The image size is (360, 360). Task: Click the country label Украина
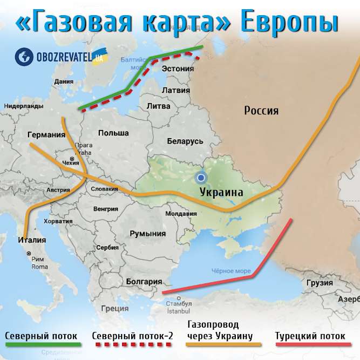[x=221, y=192]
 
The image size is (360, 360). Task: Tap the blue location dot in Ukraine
[x=201, y=178]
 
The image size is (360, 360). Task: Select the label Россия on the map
[x=261, y=111]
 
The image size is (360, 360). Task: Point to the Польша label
[x=113, y=133]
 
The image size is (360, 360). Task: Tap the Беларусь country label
[x=185, y=141]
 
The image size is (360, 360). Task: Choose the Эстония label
[x=178, y=69]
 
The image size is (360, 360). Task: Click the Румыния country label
[x=147, y=234]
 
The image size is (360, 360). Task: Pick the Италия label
[x=31, y=240]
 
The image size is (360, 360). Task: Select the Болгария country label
[x=144, y=281]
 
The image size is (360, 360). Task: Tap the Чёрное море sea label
[x=228, y=271]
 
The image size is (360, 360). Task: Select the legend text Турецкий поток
[x=310, y=336]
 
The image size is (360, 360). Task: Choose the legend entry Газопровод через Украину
[x=220, y=330]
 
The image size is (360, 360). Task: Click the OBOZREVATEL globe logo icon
[x=23, y=56]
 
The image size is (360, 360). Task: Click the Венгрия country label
[x=105, y=208]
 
